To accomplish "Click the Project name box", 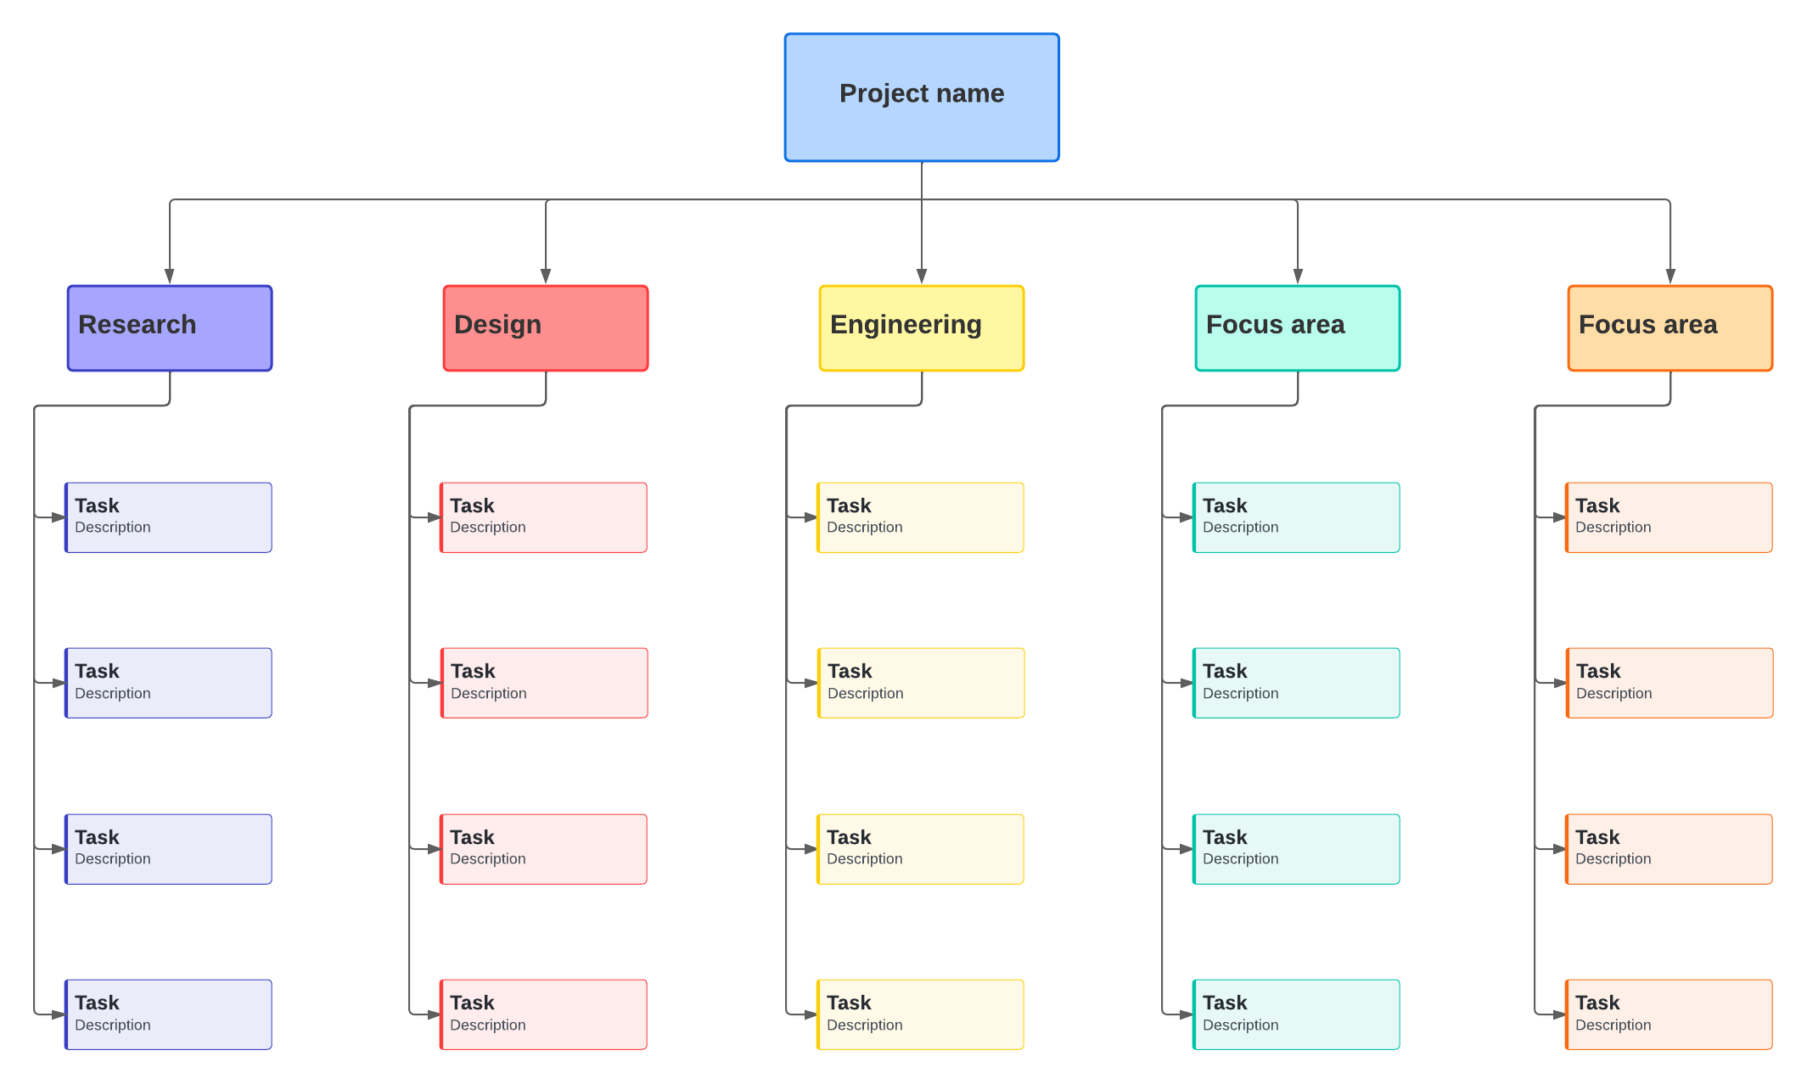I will click(922, 98).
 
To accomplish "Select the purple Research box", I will click(170, 328).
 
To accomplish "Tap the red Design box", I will click(546, 328).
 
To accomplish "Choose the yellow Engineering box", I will click(922, 328).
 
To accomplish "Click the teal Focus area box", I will click(1298, 328).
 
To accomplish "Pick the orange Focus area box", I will click(1670, 328).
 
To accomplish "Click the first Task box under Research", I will click(169, 517).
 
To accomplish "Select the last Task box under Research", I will click(169, 1014).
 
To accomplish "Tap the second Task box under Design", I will click(545, 683).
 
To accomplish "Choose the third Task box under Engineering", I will click(921, 849).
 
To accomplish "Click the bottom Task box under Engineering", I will click(921, 1014).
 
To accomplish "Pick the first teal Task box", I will click(1297, 517).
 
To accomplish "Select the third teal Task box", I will click(1297, 849).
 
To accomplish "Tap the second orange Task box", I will click(1670, 683).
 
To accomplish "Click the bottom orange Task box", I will click(1670, 1014).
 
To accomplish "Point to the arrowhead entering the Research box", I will click(170, 277).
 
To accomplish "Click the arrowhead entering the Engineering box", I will click(922, 277).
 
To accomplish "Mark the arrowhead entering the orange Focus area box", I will click(1670, 277).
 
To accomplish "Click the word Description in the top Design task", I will click(487, 528).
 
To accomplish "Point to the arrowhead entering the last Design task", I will click(434, 1014).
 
